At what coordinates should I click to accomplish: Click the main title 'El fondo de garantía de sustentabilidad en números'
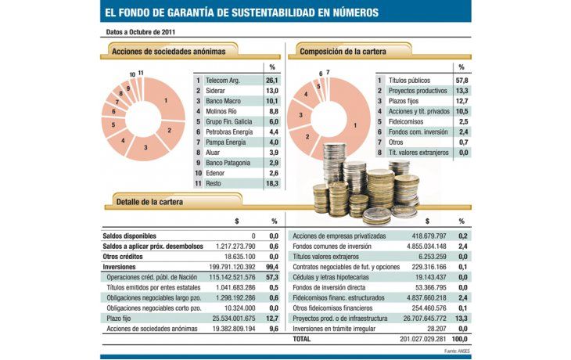tap(242, 13)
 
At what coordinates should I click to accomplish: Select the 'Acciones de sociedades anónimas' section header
tap(168, 52)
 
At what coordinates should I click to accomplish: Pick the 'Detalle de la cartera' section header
tap(149, 202)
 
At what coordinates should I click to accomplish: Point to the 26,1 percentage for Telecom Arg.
tap(272, 80)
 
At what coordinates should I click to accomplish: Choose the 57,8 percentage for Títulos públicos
tap(461, 80)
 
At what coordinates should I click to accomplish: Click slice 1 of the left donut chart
tap(165, 100)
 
